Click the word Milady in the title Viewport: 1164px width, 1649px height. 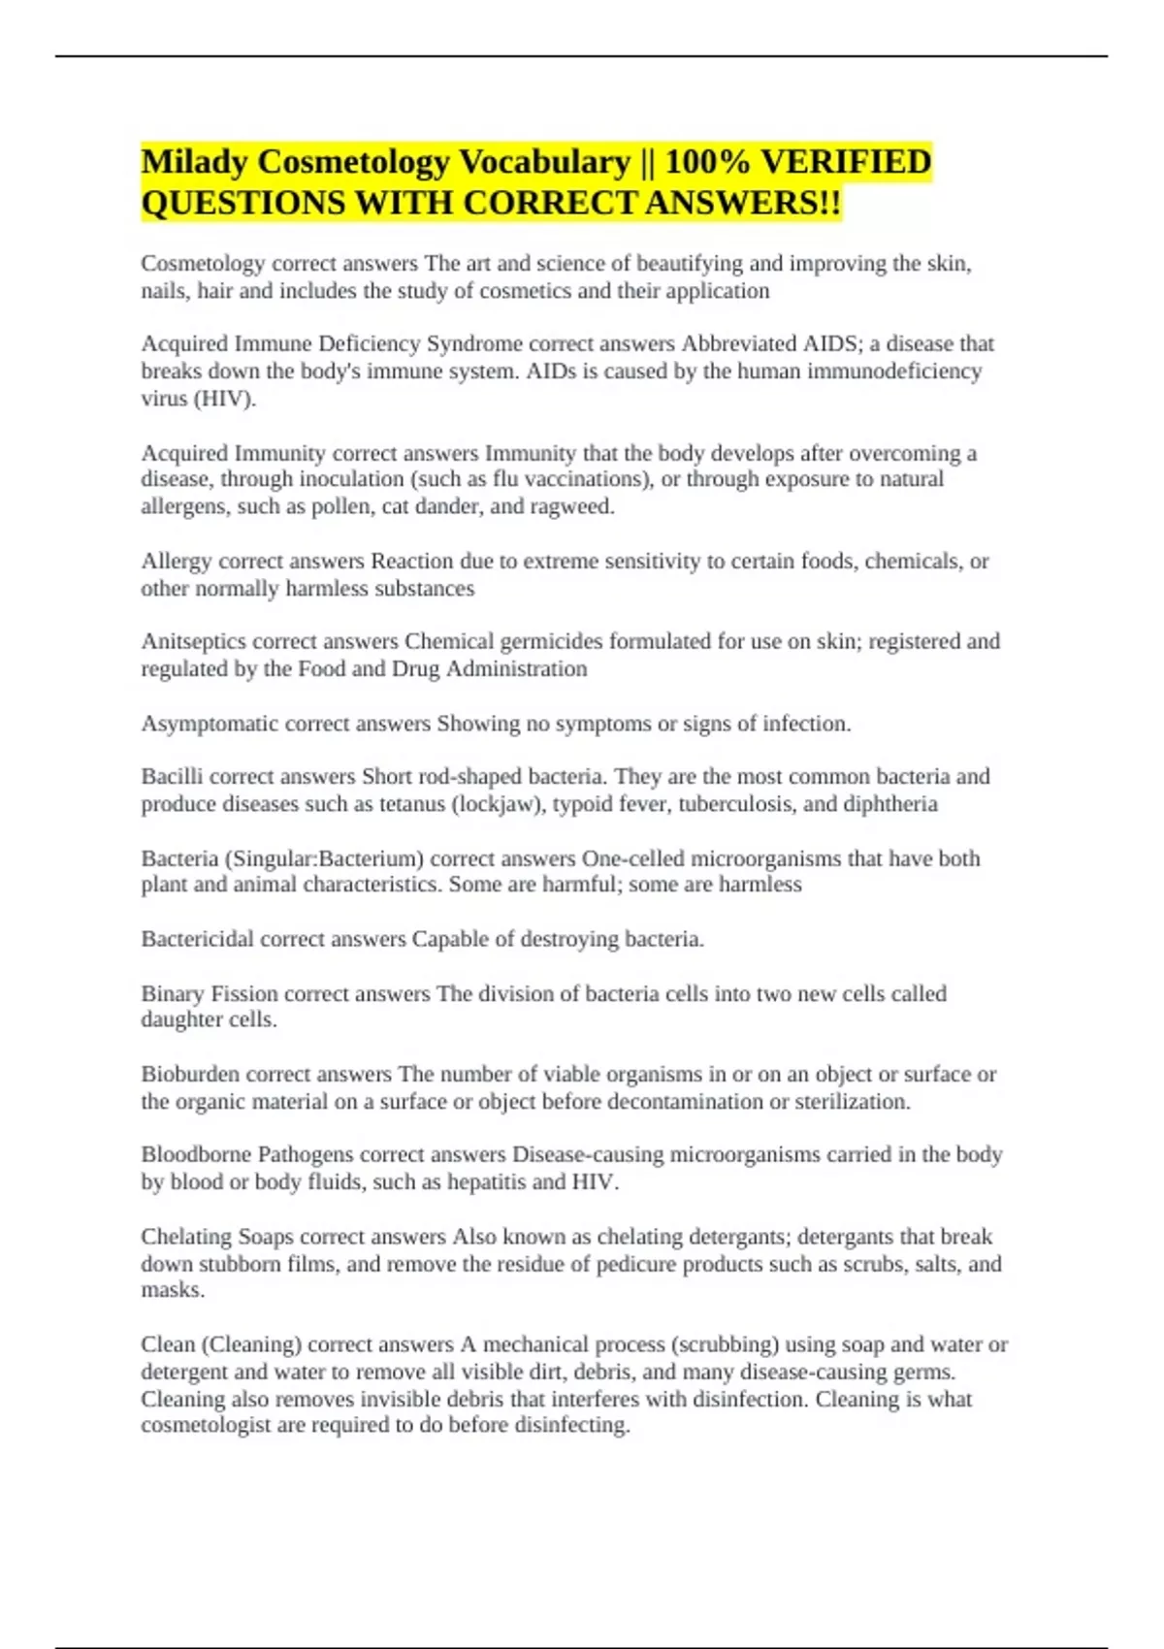[194, 162]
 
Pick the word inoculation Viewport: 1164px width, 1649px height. [351, 479]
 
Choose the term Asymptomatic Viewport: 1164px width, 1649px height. [204, 724]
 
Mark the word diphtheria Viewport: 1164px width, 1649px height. [889, 804]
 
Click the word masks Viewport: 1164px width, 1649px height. [172, 1290]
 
